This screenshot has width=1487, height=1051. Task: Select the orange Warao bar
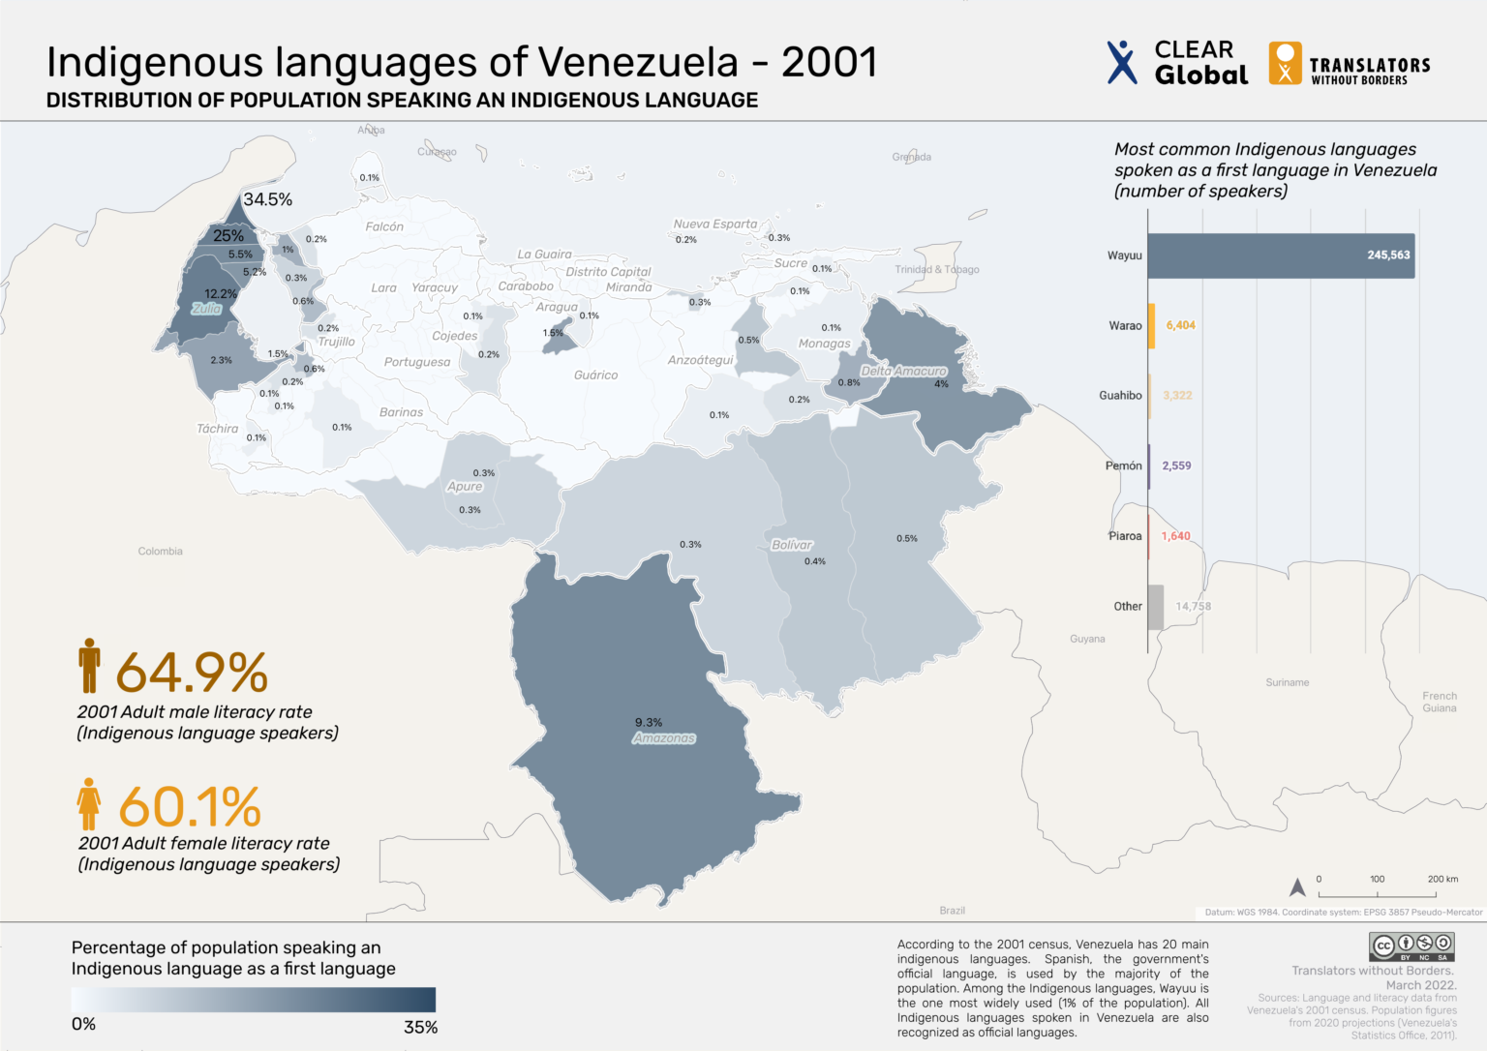pos(1151,326)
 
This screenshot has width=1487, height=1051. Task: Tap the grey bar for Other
pos(1156,607)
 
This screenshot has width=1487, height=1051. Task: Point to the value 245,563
pos(1388,255)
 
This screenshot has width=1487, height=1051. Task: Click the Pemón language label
pos(1123,465)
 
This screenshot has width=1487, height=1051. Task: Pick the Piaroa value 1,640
pos(1176,536)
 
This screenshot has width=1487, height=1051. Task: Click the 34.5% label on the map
pos(267,199)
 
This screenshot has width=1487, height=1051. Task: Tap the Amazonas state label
pos(664,738)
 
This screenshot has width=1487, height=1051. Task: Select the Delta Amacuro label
pos(903,372)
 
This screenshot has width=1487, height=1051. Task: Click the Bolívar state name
pos(792,545)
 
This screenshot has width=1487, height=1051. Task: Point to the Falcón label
pos(384,226)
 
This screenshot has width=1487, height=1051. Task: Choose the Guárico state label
pos(595,375)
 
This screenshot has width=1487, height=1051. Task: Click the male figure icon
pos(90,666)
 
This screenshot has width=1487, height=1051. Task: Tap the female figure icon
pos(89,804)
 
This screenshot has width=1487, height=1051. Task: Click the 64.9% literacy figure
pos(192,672)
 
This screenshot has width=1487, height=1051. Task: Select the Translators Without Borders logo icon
pos(1285,63)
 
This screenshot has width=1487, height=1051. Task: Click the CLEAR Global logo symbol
pos(1121,62)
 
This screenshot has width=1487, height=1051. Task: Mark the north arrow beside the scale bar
pos(1297,886)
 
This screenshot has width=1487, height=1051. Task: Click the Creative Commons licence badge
pos(1411,946)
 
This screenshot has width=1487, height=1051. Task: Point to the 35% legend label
pos(420,1028)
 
